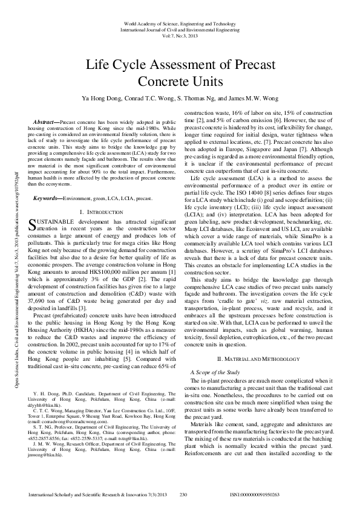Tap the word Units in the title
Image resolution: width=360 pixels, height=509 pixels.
(x=206, y=80)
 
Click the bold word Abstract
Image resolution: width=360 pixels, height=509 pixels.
(x=47, y=122)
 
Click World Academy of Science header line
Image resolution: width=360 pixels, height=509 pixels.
(x=180, y=22)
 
